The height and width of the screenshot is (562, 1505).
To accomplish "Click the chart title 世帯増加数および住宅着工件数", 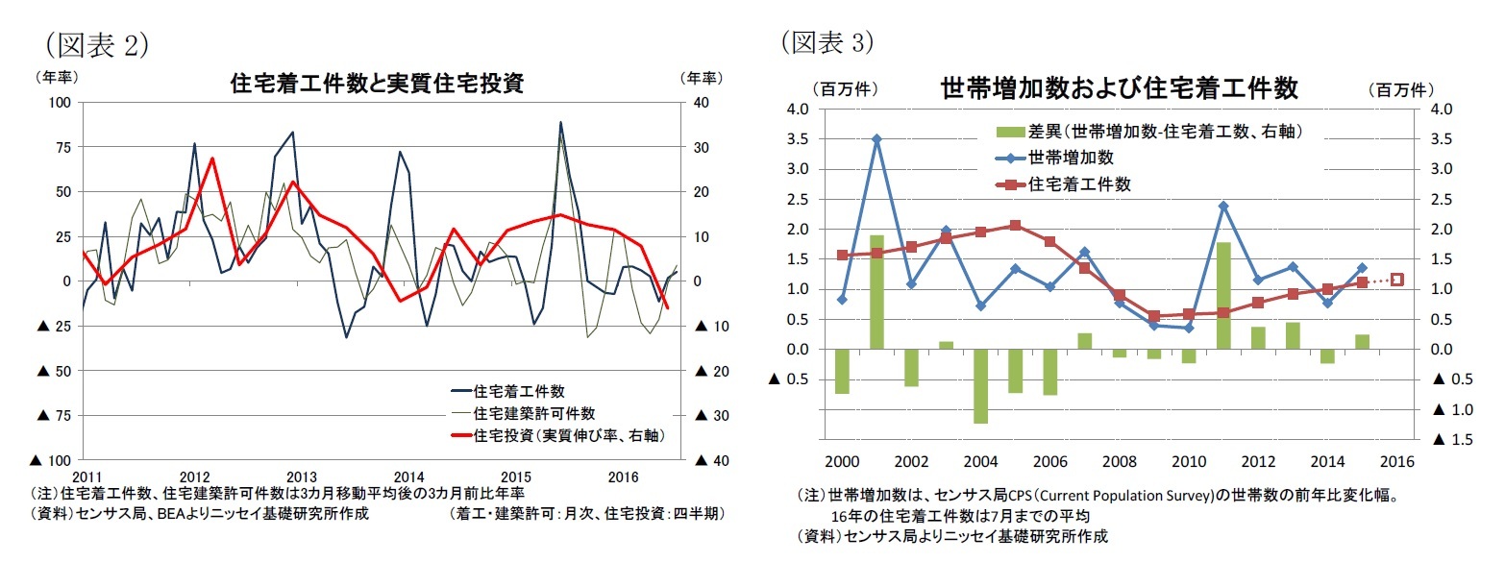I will coord(1120,89).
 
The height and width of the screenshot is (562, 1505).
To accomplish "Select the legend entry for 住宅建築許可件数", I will coord(534,413).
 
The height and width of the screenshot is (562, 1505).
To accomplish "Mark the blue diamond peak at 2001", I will coord(876,139).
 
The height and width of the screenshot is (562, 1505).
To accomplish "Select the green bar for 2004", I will coord(981,385).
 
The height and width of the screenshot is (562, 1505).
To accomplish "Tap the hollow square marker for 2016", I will coord(1397,280).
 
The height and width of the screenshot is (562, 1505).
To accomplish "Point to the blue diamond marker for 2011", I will coord(1224,206).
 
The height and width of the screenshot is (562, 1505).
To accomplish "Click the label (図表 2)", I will coord(95,43).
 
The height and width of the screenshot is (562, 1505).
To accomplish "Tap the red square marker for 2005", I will coord(1015,226).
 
